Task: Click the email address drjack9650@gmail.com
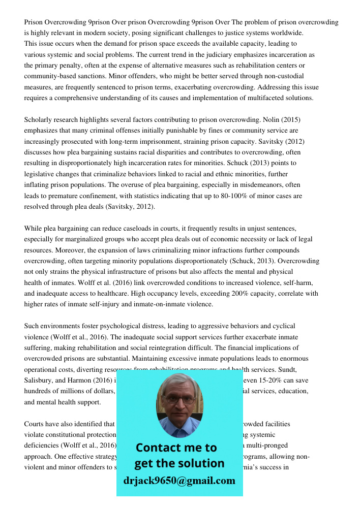click(x=179, y=481)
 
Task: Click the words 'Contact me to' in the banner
click(x=176, y=448)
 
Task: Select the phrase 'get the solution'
click(x=179, y=463)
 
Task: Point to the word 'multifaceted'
click(x=258, y=98)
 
